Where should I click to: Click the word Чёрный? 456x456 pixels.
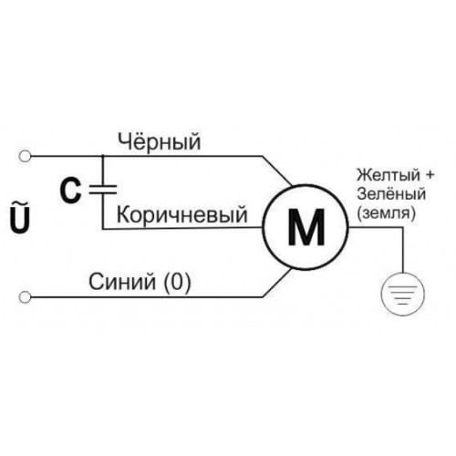pyautogui.click(x=160, y=141)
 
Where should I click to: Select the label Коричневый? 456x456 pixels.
pyautogui.click(x=182, y=215)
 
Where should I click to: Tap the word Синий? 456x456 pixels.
pyautogui.click(x=122, y=282)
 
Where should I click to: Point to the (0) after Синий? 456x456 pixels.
pyautogui.click(x=177, y=282)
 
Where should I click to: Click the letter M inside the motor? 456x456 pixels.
pyautogui.click(x=306, y=227)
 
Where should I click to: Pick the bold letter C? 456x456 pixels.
pyautogui.click(x=70, y=191)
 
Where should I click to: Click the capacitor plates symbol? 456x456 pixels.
pyautogui.click(x=103, y=190)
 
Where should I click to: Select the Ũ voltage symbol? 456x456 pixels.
pyautogui.click(x=21, y=216)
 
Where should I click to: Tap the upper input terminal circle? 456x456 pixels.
pyautogui.click(x=25, y=156)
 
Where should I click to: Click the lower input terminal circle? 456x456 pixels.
pyautogui.click(x=25, y=297)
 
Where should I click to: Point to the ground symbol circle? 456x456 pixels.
pyautogui.click(x=403, y=294)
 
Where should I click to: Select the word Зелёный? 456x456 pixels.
pyautogui.click(x=391, y=193)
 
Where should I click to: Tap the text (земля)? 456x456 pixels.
pyautogui.click(x=387, y=212)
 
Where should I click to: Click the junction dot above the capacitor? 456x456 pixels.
pyautogui.click(x=103, y=156)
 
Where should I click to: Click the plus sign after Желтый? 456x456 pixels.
pyautogui.click(x=430, y=175)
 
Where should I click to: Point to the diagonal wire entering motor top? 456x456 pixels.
pyautogui.click(x=277, y=171)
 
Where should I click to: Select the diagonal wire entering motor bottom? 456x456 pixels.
pyautogui.click(x=277, y=283)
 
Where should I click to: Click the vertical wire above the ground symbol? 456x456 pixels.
pyautogui.click(x=403, y=250)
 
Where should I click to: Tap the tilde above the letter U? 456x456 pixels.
pyautogui.click(x=21, y=203)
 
